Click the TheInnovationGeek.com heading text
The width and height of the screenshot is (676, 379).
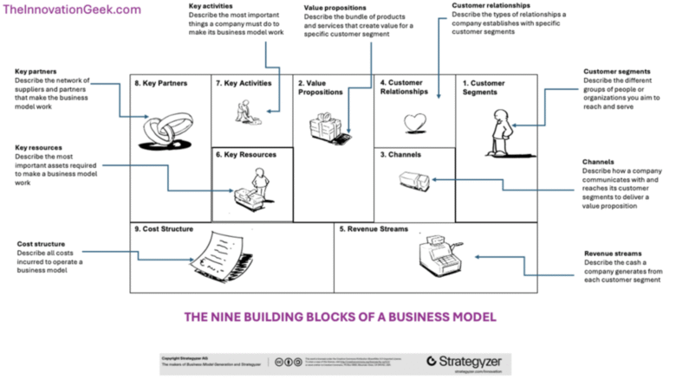click(72, 10)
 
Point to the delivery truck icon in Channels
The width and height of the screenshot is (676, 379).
click(413, 181)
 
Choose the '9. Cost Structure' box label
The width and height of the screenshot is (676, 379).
click(164, 229)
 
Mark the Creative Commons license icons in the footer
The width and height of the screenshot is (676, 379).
click(287, 361)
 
